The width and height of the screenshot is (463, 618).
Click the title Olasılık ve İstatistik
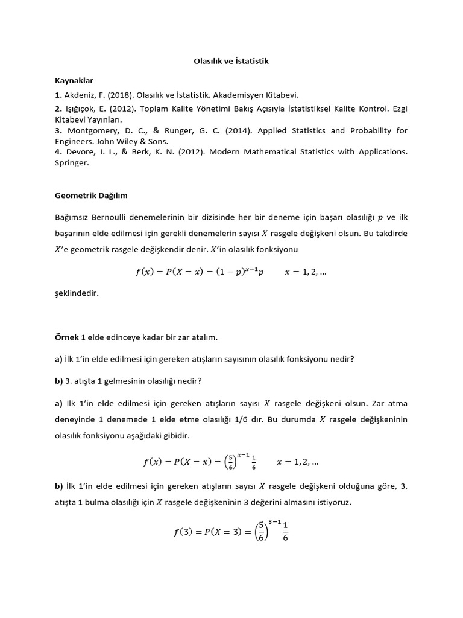point(231,62)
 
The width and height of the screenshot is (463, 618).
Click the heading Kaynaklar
point(74,80)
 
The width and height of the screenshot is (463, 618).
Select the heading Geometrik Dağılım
point(91,196)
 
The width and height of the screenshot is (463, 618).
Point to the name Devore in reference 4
point(78,152)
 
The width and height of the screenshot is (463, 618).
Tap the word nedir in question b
point(191,380)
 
